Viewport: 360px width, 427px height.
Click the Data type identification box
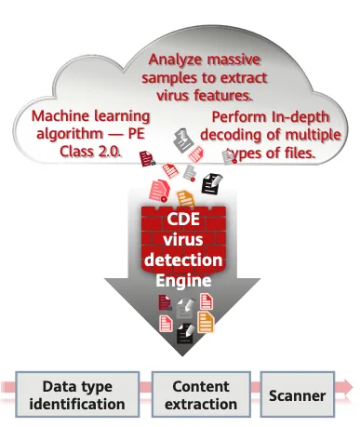coord(77,394)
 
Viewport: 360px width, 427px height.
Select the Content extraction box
coord(201,394)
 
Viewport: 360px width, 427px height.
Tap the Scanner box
coord(298,394)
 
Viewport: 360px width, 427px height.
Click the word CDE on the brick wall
coord(183,219)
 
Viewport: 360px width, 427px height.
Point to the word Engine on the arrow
coord(183,281)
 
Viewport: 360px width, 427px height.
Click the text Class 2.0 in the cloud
coord(89,152)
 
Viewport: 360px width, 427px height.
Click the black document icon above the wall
coord(212,183)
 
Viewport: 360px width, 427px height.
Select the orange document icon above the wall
coord(186,199)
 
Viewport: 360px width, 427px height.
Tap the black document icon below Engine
coord(185,334)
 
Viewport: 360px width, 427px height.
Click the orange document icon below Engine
coord(206,323)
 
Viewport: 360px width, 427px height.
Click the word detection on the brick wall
coord(183,260)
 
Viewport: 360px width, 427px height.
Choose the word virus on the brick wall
coord(183,240)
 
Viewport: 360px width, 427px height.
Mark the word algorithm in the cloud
coord(70,134)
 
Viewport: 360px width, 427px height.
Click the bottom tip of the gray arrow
coord(182,356)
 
